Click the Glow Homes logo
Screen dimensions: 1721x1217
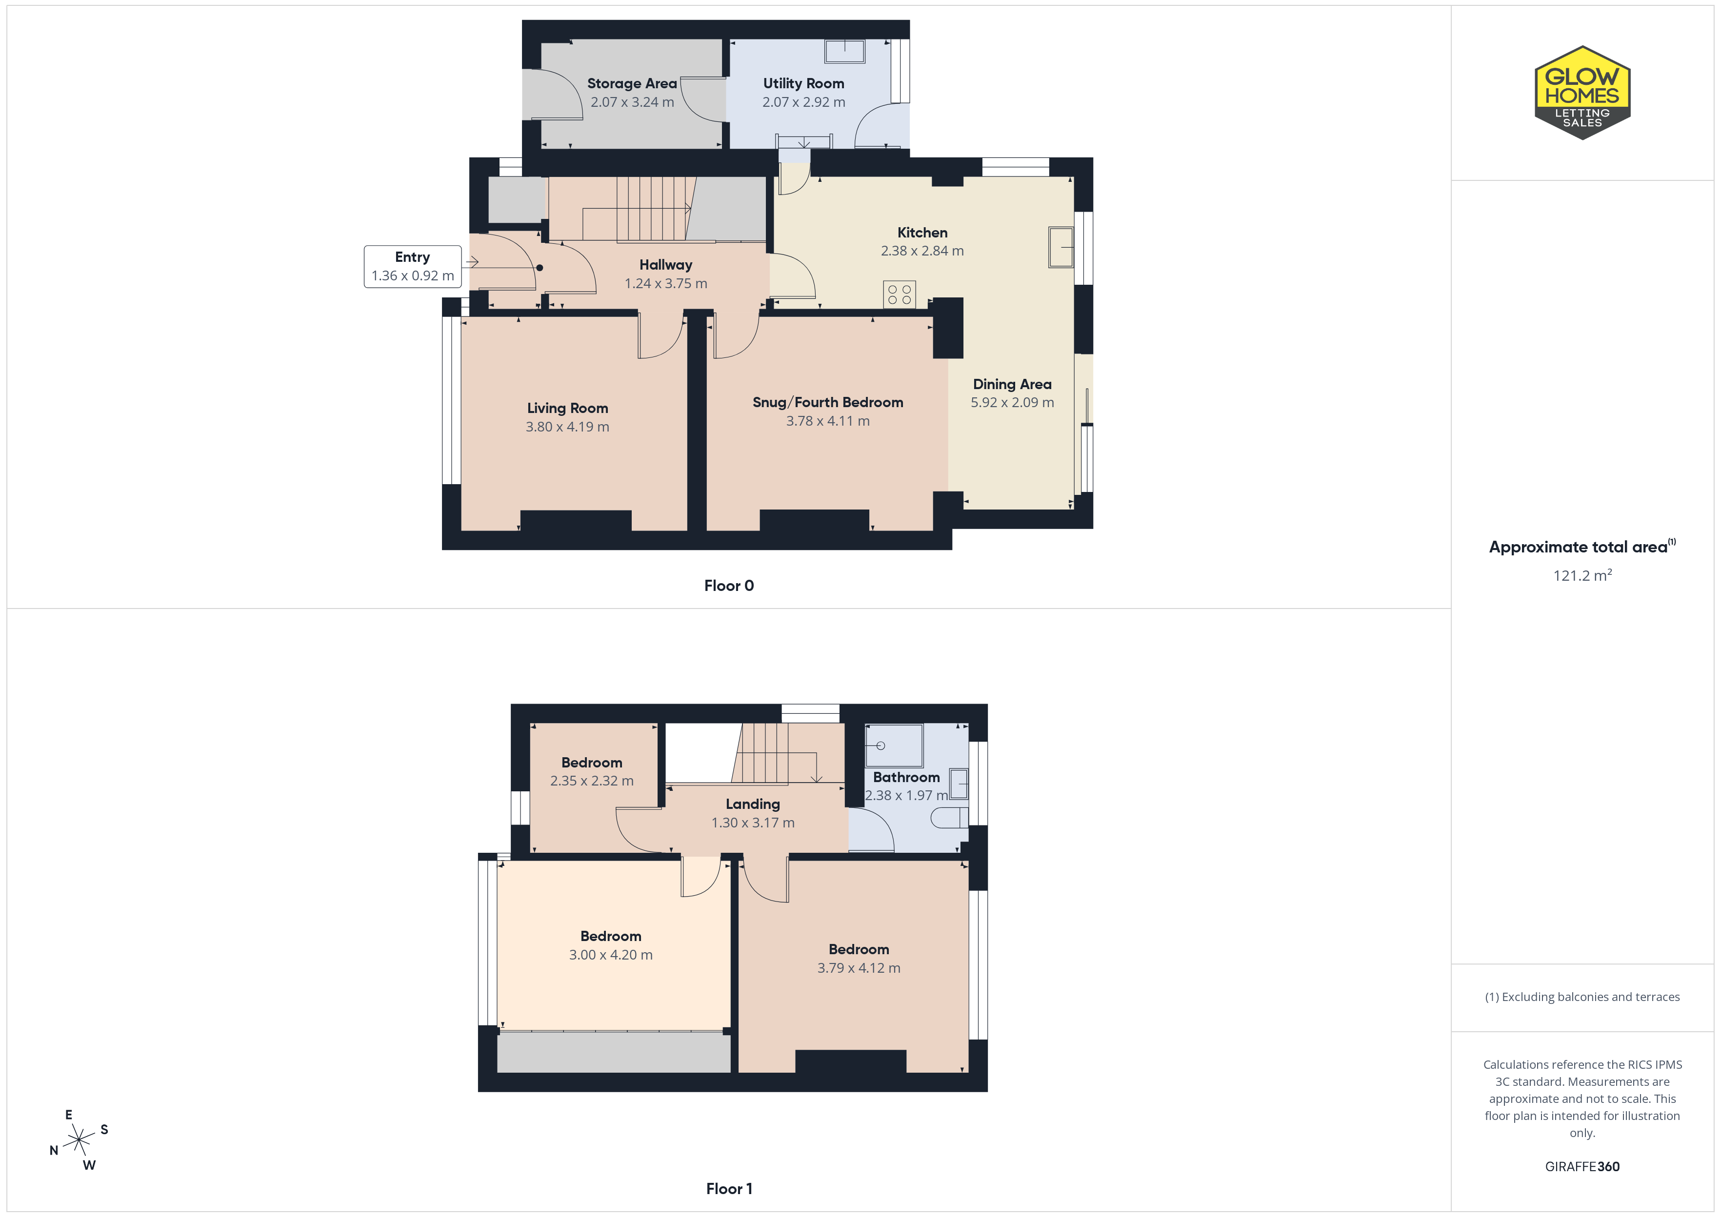[1582, 93]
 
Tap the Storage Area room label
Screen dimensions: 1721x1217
[632, 83]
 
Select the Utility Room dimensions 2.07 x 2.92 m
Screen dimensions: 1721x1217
[803, 102]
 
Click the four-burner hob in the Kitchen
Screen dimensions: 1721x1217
[900, 294]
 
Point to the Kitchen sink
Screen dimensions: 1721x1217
[1061, 247]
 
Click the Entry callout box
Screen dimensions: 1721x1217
[413, 266]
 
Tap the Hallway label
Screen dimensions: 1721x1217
[665, 265]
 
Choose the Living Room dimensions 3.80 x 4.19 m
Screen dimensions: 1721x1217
[567, 427]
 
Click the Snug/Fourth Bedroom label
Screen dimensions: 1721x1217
[827, 402]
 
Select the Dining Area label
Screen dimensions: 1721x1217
[1012, 384]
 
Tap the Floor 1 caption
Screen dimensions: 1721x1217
[729, 1189]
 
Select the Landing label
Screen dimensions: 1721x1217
[753, 804]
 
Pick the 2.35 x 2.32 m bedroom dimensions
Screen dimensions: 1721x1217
[591, 781]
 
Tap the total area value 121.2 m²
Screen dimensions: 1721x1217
[1582, 575]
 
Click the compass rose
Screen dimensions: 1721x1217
[79, 1140]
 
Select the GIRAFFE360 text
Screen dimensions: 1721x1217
[1582, 1167]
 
